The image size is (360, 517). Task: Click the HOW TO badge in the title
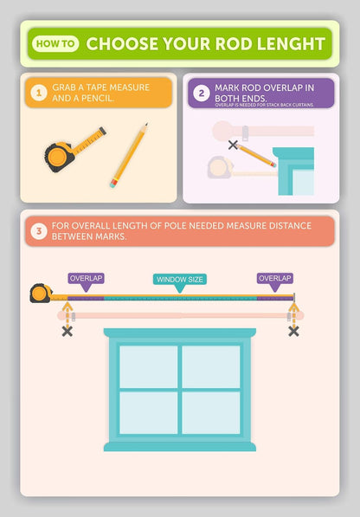click(55, 43)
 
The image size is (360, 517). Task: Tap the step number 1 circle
click(39, 93)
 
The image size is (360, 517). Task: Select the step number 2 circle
click(202, 93)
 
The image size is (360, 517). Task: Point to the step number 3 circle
click(39, 231)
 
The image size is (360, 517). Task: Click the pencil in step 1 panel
click(129, 155)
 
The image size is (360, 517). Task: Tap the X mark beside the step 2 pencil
click(233, 145)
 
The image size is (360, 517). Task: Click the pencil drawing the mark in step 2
click(256, 155)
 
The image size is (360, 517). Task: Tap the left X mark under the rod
click(67, 332)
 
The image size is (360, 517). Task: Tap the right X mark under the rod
click(293, 332)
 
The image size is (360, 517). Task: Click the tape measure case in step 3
click(41, 293)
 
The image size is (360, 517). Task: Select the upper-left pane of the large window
click(148, 366)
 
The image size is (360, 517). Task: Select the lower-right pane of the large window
click(211, 413)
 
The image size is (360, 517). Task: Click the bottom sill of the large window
click(180, 447)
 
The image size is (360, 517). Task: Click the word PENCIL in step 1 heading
click(97, 98)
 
